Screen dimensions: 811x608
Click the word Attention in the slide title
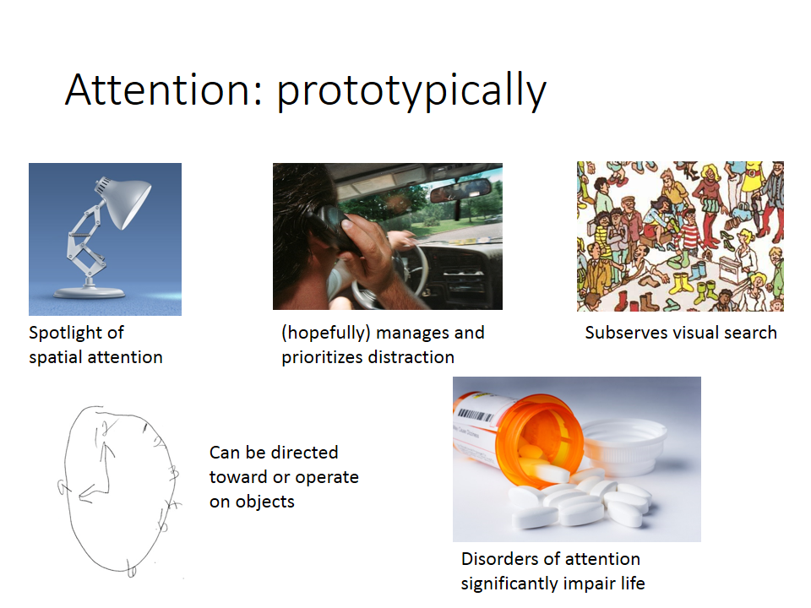(157, 90)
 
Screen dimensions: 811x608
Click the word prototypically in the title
(411, 92)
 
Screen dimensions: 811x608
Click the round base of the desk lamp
(90, 292)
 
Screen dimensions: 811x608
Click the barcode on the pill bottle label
(475, 416)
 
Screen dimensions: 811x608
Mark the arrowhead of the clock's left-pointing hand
(84, 496)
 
